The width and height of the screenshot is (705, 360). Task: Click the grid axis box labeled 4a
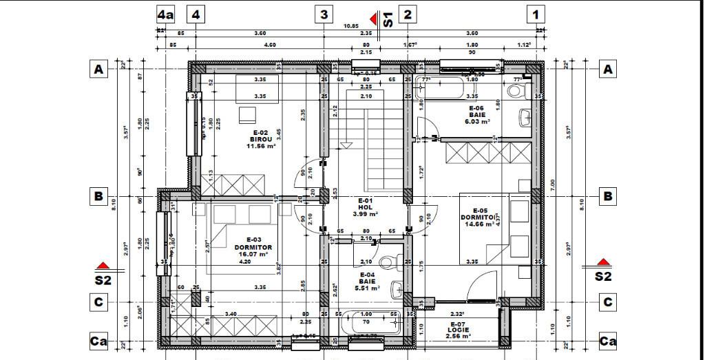click(x=165, y=14)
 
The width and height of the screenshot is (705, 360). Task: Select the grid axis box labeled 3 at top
click(x=324, y=14)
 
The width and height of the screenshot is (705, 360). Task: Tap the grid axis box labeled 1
click(x=536, y=14)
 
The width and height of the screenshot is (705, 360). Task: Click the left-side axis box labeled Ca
click(x=98, y=341)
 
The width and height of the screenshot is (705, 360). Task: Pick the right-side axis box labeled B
click(x=608, y=197)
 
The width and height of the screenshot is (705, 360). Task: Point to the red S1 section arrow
click(x=374, y=19)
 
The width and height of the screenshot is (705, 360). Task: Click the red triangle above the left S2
click(x=103, y=265)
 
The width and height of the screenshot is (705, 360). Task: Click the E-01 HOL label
click(x=365, y=204)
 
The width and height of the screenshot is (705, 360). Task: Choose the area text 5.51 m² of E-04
click(x=366, y=288)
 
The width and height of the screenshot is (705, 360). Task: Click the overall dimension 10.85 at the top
click(x=351, y=26)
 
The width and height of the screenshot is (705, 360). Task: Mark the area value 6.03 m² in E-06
click(x=476, y=122)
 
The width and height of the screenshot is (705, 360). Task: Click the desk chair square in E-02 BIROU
click(x=246, y=114)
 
